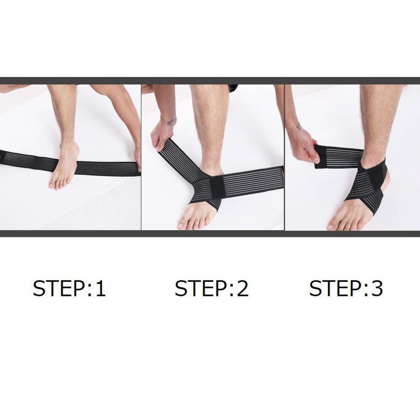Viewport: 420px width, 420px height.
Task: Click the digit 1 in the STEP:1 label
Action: pos(101,288)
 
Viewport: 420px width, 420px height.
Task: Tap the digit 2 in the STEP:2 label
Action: pos(243,288)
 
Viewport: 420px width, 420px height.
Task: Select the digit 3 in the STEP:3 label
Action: pos(377,288)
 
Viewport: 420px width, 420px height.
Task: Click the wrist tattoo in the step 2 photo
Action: pos(171,122)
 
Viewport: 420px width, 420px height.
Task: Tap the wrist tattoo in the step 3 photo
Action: pos(298,126)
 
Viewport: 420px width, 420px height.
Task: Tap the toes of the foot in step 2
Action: pos(192,221)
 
